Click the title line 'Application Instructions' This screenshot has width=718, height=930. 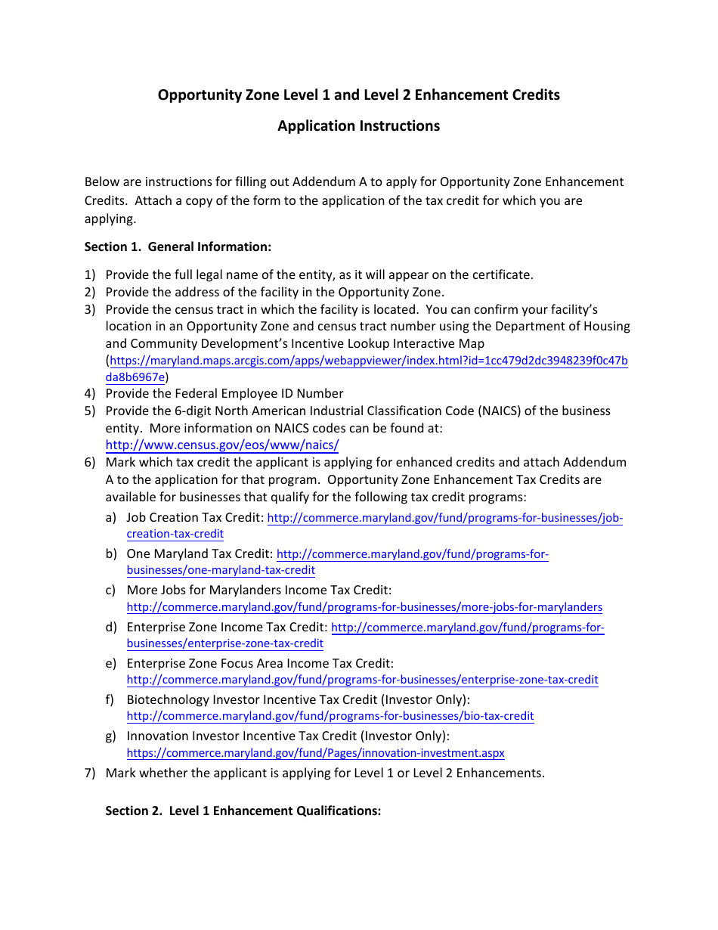point(358,126)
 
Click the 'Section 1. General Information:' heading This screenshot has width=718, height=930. point(178,246)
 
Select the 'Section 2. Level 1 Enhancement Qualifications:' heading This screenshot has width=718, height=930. point(243,811)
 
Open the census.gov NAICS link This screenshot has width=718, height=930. point(222,445)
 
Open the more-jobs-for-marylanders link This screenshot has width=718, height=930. point(364,607)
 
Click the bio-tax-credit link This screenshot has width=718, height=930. point(330,716)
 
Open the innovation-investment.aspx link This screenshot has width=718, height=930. point(315,753)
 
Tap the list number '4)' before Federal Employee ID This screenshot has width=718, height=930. point(90,393)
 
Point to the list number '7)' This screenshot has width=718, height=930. point(90,773)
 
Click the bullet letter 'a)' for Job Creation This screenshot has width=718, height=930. point(111,518)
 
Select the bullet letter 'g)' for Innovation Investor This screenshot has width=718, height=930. point(111,736)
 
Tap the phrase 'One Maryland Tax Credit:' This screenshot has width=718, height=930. point(200,553)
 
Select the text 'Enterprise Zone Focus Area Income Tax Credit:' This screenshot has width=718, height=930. point(260,663)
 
